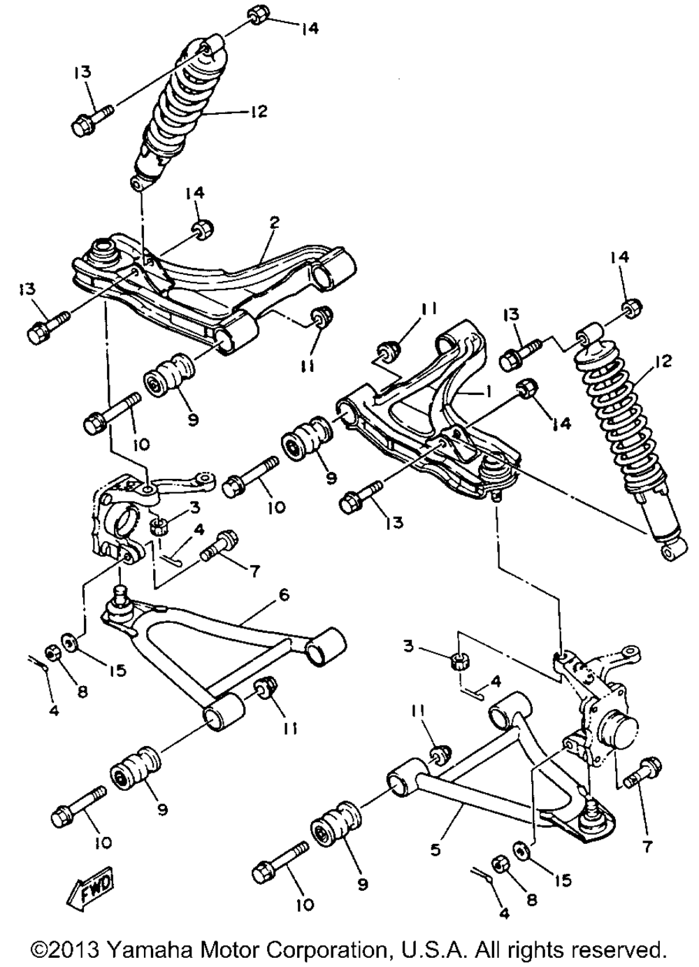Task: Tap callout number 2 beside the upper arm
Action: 274,223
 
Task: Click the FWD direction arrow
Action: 90,891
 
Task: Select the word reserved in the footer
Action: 618,950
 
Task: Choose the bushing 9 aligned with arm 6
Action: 136,770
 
